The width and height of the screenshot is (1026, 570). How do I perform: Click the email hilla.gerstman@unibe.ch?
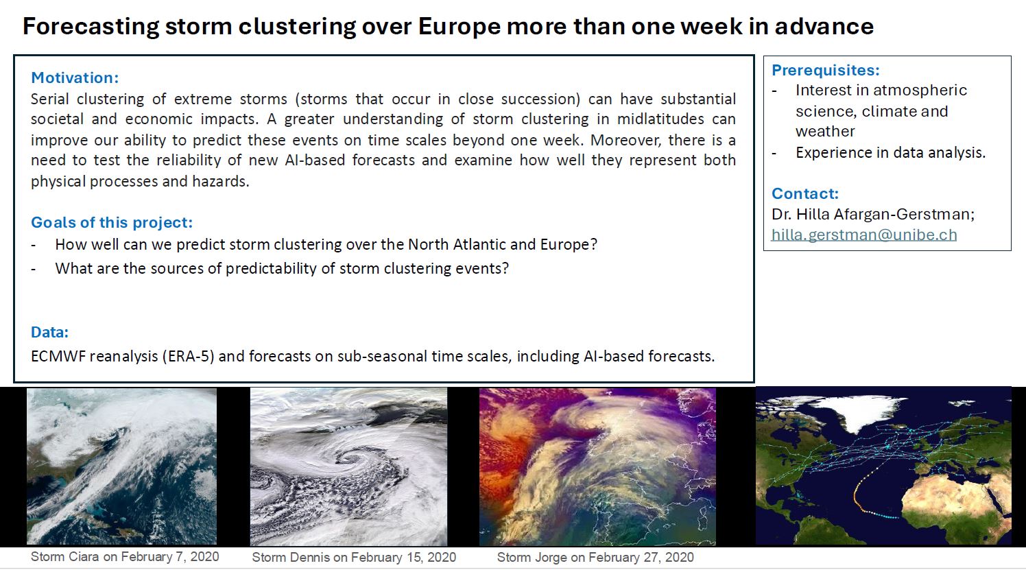(x=864, y=235)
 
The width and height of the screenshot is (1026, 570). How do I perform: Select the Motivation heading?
(x=75, y=78)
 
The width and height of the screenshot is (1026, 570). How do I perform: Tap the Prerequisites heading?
(x=825, y=70)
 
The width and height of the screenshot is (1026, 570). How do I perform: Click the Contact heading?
(x=804, y=193)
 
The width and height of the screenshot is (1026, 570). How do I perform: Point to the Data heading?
(x=49, y=332)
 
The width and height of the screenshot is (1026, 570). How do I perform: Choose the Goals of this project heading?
(x=112, y=223)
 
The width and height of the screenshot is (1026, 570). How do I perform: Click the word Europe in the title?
(x=459, y=27)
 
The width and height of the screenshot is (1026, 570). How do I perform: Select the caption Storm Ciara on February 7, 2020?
(x=125, y=557)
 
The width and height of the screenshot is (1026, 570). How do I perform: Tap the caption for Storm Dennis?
(x=354, y=557)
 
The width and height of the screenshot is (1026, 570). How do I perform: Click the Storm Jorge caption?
(x=595, y=557)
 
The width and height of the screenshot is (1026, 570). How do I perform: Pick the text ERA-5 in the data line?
(x=189, y=356)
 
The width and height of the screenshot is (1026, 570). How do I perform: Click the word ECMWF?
(x=58, y=356)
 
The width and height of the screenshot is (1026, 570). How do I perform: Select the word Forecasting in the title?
(x=91, y=27)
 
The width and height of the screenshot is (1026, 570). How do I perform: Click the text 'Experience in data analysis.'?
(x=890, y=152)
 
